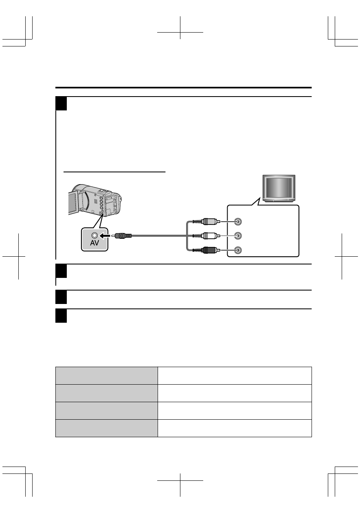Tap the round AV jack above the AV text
tap(95, 236)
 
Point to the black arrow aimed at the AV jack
tap(105, 236)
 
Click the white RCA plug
tap(210, 236)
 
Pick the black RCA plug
tap(210, 249)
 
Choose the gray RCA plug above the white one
tap(210, 222)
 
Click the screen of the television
tap(279, 189)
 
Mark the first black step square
tap(61, 104)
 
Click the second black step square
tap(61, 271)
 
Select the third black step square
tap(61, 297)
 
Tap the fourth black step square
tap(61, 316)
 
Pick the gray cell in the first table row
tap(106, 375)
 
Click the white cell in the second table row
tap(235, 393)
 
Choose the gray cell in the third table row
tap(106, 410)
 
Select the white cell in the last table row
tap(235, 428)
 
